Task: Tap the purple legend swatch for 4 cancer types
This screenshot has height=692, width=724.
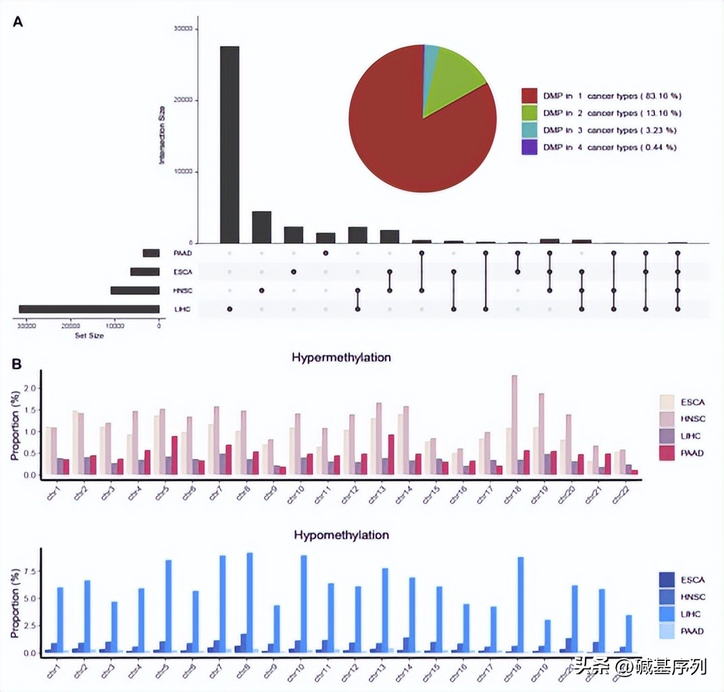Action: click(529, 147)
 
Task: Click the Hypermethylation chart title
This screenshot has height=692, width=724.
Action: click(341, 357)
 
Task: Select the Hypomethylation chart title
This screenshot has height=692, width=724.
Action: click(341, 535)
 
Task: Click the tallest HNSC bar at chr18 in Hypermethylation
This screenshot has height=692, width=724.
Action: click(515, 426)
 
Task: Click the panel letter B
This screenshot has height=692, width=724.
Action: click(18, 363)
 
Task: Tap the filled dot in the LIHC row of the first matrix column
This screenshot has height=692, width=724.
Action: click(230, 309)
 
